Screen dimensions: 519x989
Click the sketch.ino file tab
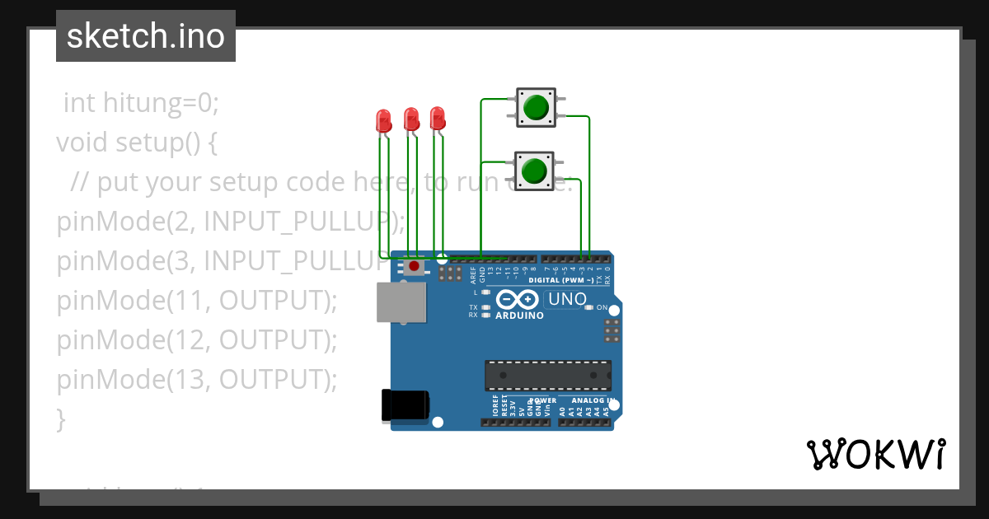tap(146, 36)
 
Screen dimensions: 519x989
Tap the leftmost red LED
tap(383, 122)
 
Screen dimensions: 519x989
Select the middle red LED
tap(410, 119)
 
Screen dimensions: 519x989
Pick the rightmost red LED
tap(438, 118)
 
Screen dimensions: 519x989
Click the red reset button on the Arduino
tap(413, 267)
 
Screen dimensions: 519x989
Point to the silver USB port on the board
tap(401, 302)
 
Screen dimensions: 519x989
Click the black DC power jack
tap(405, 405)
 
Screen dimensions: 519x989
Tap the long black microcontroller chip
tap(548, 375)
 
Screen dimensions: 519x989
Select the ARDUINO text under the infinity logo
tap(519, 316)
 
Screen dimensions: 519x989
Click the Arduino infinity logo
tap(518, 300)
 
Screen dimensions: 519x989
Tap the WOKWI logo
tap(875, 455)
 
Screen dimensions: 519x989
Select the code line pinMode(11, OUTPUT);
tap(197, 301)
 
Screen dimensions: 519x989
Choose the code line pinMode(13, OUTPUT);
tap(197, 380)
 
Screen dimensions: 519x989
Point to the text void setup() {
tap(137, 143)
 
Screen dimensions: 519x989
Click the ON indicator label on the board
tap(602, 308)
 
